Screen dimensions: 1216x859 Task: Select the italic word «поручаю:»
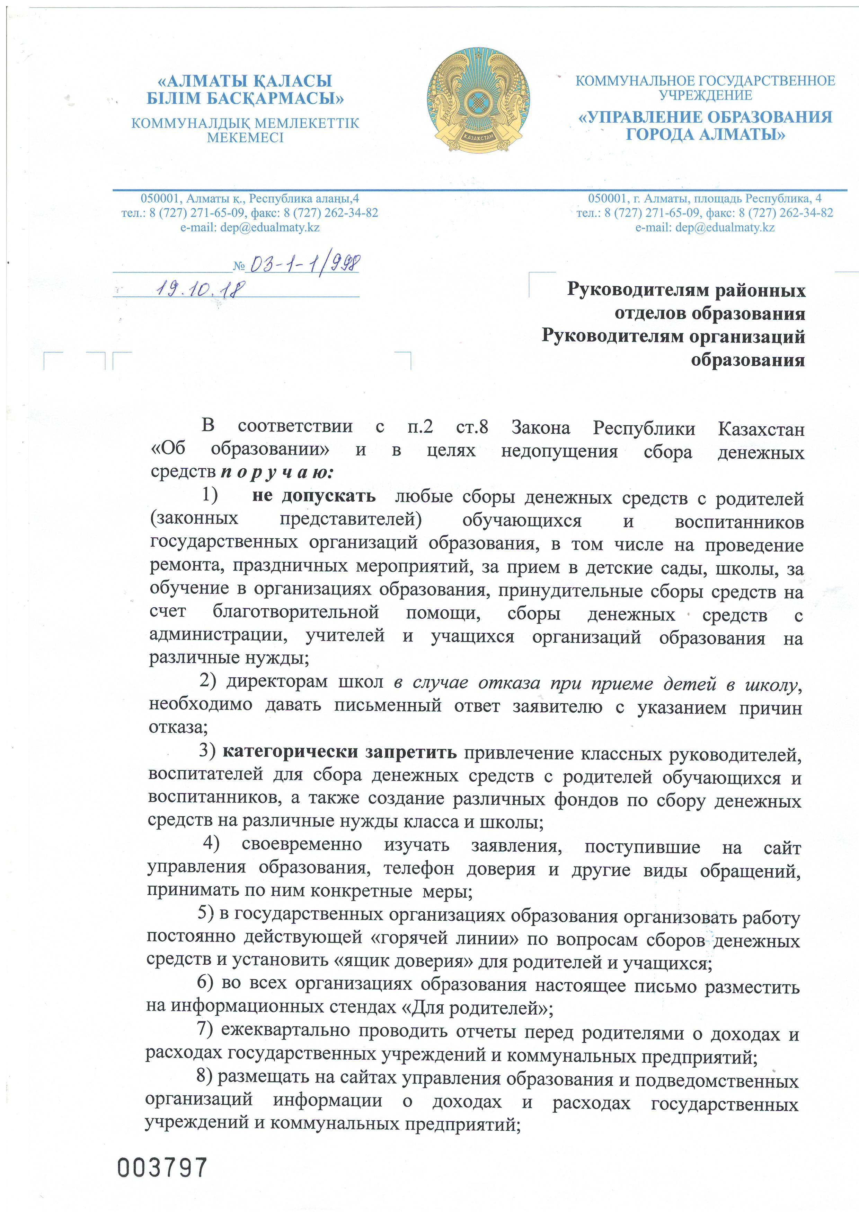(277, 472)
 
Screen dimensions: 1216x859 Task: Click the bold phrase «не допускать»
(314, 496)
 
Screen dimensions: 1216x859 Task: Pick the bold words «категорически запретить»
(339, 752)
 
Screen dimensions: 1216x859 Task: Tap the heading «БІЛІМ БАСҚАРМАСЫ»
(245, 98)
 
